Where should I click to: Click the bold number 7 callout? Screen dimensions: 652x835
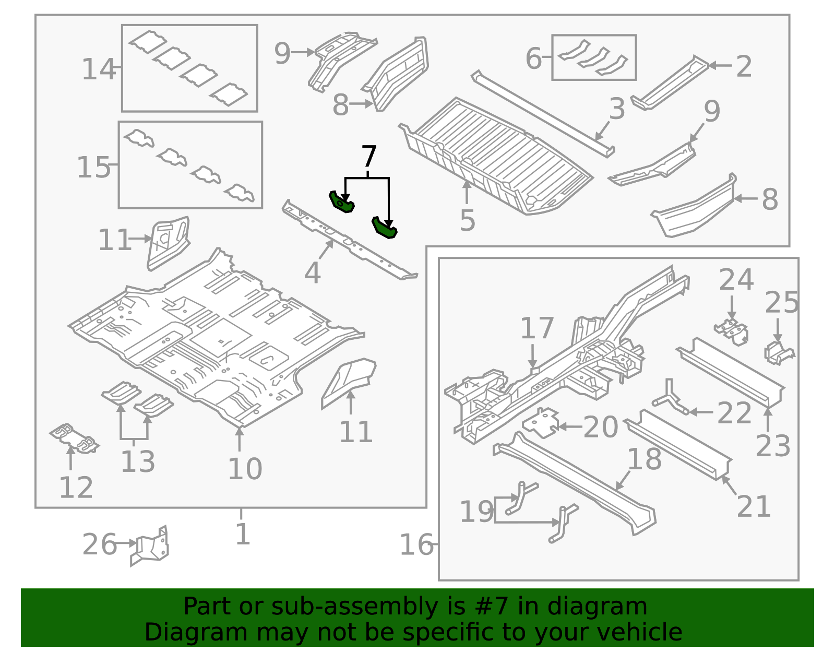[368, 157]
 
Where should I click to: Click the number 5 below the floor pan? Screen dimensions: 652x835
[467, 220]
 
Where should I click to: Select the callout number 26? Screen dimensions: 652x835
[99, 544]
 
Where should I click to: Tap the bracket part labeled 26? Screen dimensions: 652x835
[151, 547]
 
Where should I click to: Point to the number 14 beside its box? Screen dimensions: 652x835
[98, 69]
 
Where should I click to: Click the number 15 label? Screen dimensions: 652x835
[93, 168]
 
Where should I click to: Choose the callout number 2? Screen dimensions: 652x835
[744, 66]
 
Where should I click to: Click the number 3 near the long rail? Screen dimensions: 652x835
[617, 109]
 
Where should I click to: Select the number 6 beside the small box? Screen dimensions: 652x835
[533, 58]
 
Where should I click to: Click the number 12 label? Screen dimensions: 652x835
[76, 487]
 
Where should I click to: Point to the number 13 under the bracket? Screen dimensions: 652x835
[137, 461]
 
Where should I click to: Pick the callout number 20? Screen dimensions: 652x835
[600, 427]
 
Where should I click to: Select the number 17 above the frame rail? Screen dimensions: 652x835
[536, 328]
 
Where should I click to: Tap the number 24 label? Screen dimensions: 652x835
[736, 280]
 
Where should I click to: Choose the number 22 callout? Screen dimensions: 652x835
[734, 413]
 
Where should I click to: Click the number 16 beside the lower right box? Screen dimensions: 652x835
[416, 544]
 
